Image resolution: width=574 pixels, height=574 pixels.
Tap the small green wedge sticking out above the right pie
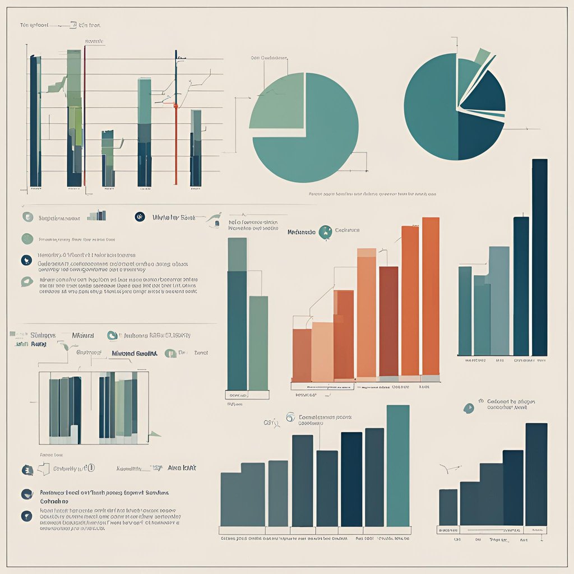coord(482,55)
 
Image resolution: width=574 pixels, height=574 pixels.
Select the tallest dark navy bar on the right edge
coord(539,258)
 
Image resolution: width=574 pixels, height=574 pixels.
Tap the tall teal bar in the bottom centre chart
coord(398,465)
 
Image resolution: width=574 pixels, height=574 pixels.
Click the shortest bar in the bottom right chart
coord(448,507)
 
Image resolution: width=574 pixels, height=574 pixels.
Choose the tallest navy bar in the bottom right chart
coord(536,474)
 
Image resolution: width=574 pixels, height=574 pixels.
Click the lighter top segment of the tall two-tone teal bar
coord(237,254)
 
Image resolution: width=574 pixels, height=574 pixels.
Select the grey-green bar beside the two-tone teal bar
coord(258,342)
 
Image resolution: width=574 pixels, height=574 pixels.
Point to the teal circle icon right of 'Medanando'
coord(325,232)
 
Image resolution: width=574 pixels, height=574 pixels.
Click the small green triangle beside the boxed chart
coord(154,433)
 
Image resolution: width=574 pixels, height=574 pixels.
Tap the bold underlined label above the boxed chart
coord(135,353)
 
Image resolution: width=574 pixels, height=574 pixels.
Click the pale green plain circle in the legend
coord(27,239)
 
